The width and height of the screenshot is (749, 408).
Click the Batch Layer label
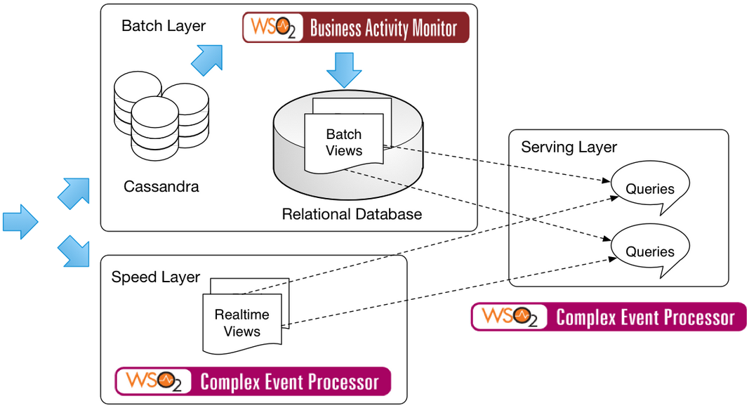tap(164, 26)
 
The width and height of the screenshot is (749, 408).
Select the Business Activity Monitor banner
tap(355, 28)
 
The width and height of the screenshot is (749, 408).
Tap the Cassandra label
tap(161, 187)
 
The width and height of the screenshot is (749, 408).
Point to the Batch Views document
tap(344, 142)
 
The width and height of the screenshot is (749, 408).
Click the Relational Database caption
tap(352, 214)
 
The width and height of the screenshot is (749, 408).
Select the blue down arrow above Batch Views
tap(344, 70)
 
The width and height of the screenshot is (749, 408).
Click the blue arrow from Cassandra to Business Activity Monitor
tap(207, 60)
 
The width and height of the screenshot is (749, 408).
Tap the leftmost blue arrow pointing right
tap(20, 222)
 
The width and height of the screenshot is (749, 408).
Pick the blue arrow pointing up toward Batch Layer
tap(73, 193)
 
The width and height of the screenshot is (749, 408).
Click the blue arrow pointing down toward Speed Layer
tap(73, 251)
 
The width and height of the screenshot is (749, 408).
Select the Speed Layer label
tap(156, 277)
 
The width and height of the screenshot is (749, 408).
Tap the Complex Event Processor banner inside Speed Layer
tap(253, 381)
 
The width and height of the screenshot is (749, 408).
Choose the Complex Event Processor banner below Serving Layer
tap(609, 317)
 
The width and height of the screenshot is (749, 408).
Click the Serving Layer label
tap(569, 147)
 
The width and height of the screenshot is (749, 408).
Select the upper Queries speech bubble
tap(650, 187)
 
